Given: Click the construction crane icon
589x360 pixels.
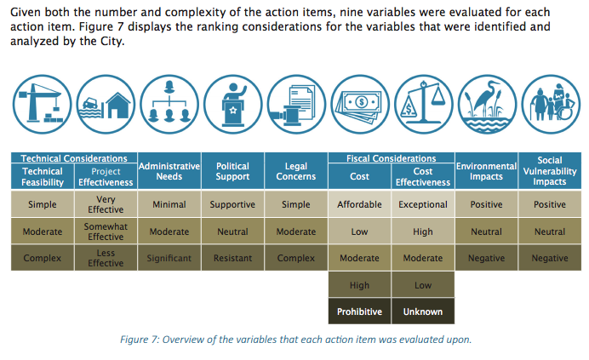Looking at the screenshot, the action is point(42,104).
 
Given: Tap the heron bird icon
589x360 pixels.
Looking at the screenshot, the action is point(487,104).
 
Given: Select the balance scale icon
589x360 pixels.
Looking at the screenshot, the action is point(423,104).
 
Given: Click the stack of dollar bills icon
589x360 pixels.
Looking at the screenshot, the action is point(360,104).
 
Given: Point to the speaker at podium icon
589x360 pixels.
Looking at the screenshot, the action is point(233,104).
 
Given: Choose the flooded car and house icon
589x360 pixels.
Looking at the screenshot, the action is point(106,104).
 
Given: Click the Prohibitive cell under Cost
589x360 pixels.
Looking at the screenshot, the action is point(359,311).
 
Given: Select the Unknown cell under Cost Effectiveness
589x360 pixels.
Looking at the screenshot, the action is point(423,311).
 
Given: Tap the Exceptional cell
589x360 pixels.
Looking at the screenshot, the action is point(423,204).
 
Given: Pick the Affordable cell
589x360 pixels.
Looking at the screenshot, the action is point(359,204).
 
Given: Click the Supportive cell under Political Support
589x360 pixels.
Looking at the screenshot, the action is point(232,204).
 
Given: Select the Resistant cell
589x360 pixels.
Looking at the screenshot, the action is point(232,258).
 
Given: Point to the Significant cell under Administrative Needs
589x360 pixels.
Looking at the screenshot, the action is point(169,258).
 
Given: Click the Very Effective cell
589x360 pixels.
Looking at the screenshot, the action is point(106,204).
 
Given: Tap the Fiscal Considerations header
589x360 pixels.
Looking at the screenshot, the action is point(391,158).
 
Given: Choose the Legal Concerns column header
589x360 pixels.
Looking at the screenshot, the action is point(296,171).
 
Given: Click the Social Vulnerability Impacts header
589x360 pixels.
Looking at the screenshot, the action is point(550,171).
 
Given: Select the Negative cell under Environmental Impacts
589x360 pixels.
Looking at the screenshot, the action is point(487,258).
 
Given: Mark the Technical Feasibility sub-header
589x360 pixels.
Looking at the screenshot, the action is point(43,177).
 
